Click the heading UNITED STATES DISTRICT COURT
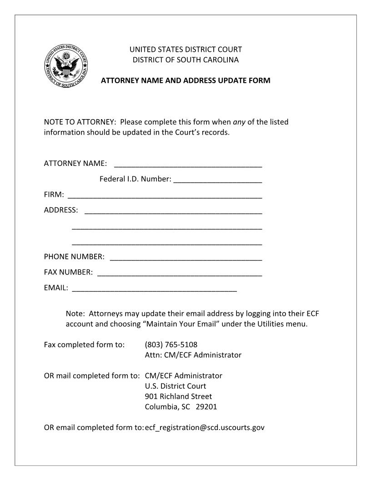[x=185, y=49]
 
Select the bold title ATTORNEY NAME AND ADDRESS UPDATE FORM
[x=185, y=80]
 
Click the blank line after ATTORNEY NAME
[x=188, y=165]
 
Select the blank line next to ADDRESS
[x=173, y=211]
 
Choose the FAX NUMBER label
[x=68, y=272]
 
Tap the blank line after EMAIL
[x=154, y=289]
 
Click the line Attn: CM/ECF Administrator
[x=193, y=355]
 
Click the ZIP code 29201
[x=206, y=407]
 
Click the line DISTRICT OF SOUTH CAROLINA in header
[x=185, y=60]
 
